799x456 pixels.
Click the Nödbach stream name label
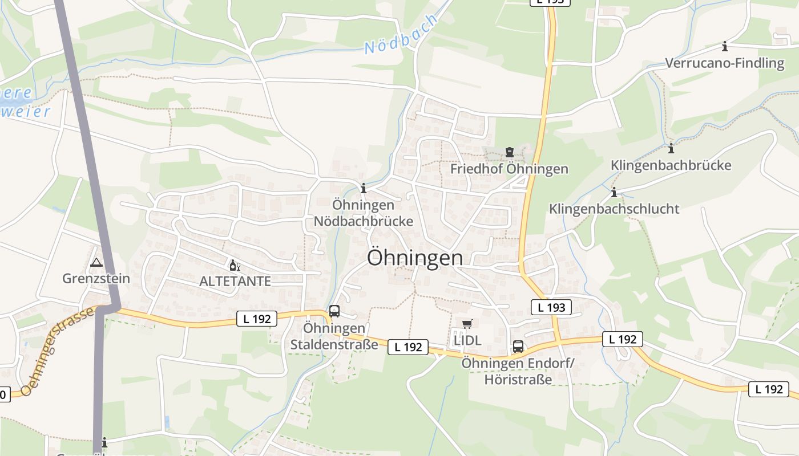click(402, 35)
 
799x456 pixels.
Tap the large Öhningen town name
click(415, 258)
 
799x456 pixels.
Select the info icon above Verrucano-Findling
click(725, 46)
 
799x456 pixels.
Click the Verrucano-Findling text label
click(725, 63)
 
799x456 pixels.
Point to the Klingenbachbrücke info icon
click(671, 149)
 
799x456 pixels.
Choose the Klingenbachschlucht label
click(614, 209)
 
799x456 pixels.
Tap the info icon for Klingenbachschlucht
click(614, 193)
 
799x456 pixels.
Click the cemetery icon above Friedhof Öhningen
click(509, 152)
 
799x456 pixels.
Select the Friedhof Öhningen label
click(509, 169)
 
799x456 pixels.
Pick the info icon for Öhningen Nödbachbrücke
click(364, 188)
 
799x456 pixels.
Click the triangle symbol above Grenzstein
click(96, 263)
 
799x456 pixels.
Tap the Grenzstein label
click(96, 279)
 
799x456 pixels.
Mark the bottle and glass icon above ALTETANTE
click(235, 266)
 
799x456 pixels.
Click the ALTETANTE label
click(235, 282)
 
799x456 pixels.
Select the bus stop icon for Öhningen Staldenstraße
click(334, 311)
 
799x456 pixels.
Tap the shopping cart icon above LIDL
click(467, 324)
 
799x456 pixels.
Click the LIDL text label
click(467, 340)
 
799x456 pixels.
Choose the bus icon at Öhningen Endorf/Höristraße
click(518, 346)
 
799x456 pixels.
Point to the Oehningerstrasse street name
click(57, 353)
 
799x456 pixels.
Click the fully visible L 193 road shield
click(551, 307)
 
